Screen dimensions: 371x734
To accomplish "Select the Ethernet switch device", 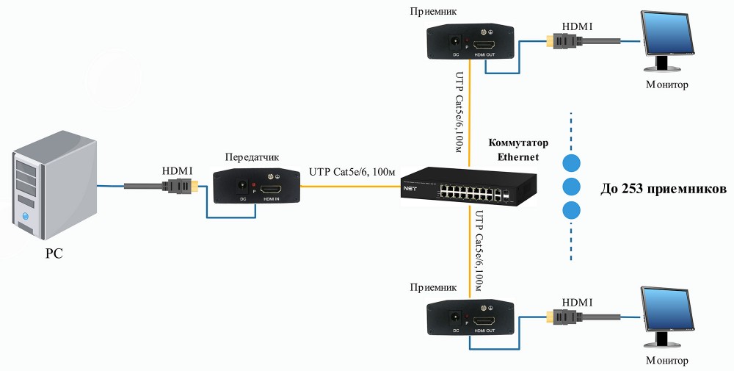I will (x=468, y=190).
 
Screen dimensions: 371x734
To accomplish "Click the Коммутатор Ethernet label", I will (x=517, y=149).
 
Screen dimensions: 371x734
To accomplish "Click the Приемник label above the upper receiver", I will (x=435, y=12).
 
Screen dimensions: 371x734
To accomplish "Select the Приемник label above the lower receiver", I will (x=435, y=289).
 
